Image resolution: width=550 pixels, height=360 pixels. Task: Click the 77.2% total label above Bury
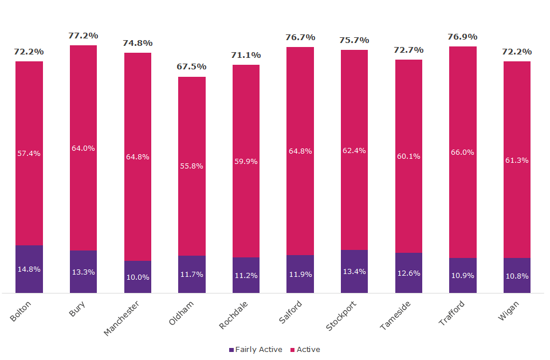coord(83,36)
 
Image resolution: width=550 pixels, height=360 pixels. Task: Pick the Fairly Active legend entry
coord(256,350)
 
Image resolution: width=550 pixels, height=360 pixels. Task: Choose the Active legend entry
coord(306,350)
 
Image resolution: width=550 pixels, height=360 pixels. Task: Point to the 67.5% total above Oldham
coord(191,66)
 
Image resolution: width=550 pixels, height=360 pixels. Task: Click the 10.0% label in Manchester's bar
coord(137,277)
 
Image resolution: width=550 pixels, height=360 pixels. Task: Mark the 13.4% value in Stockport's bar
coord(354,271)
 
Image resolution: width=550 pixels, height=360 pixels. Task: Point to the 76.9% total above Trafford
coord(462,37)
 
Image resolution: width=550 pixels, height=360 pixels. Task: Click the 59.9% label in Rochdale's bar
coord(246,162)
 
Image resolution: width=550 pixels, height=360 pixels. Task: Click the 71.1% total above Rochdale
coord(246,55)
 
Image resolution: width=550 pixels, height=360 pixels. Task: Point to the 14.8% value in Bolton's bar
coord(29,269)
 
